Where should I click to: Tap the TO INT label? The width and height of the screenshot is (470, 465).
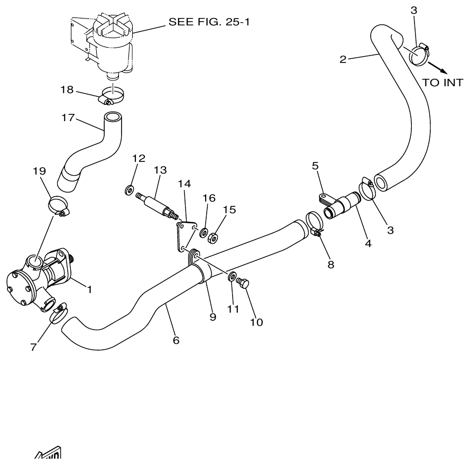coord(443,83)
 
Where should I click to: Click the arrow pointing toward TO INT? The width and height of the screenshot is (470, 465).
coord(437,67)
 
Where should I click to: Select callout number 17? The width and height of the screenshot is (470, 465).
coord(68,117)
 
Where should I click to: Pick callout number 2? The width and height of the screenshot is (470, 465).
coord(343,59)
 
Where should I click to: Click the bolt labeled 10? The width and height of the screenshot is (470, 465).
coord(243,284)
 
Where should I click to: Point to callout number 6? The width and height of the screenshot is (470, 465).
coord(176,340)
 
